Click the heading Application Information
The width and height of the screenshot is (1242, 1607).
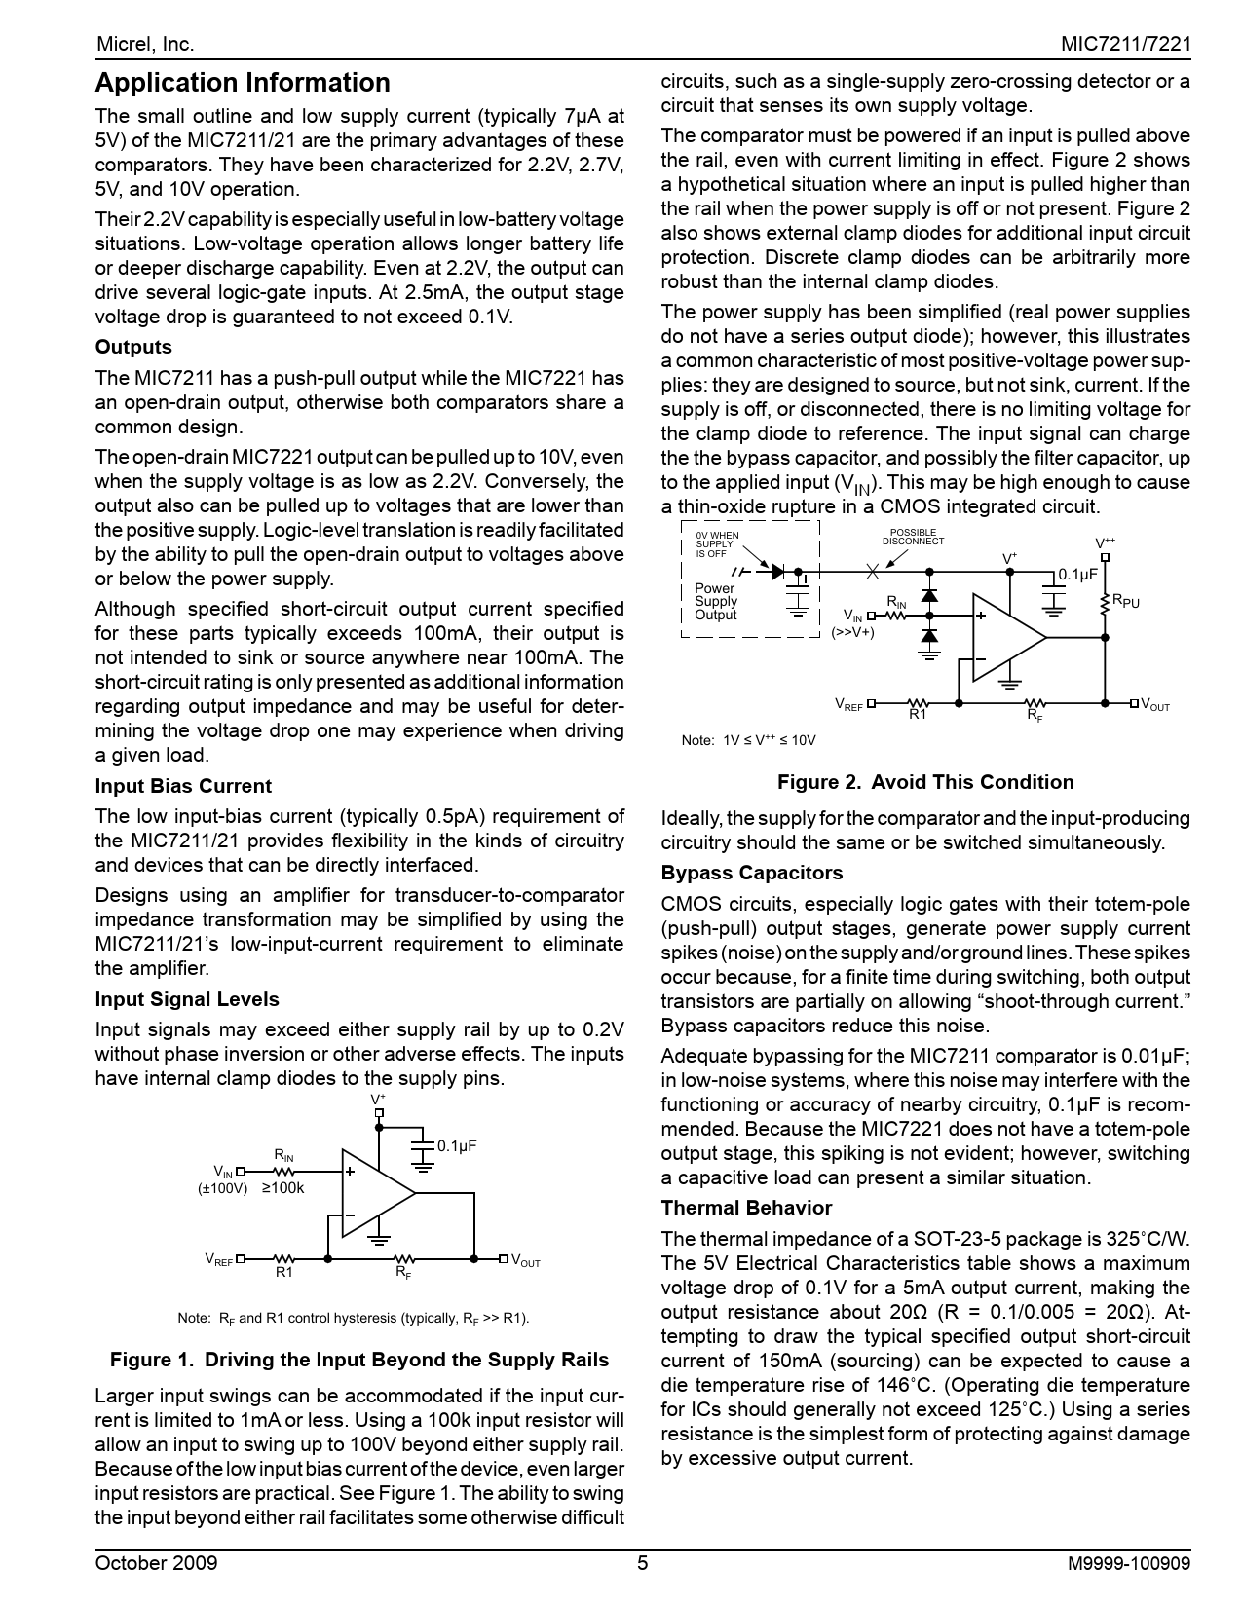click(243, 83)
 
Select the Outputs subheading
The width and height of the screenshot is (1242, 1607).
click(133, 348)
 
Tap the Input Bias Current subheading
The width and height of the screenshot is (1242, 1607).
click(183, 786)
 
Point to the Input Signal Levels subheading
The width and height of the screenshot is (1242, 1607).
click(187, 999)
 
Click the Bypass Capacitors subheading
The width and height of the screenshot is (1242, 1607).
click(752, 873)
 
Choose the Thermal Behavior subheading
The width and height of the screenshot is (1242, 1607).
click(746, 1208)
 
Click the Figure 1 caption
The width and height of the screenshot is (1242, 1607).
click(359, 1360)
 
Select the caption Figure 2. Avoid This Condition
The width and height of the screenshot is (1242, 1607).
click(925, 782)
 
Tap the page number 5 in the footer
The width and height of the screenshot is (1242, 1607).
click(642, 1564)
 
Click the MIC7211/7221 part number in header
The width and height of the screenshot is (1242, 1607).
click(1126, 45)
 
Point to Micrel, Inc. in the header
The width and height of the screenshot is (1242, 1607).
click(145, 45)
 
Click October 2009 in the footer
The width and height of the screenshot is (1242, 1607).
click(156, 1564)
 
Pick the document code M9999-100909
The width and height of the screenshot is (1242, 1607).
click(1129, 1564)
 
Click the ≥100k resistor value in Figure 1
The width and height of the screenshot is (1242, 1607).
click(283, 1188)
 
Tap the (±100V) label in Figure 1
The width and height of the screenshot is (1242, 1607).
click(223, 1188)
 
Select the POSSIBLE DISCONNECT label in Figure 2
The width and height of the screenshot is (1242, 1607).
click(913, 537)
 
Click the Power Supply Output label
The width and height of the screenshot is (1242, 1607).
click(716, 602)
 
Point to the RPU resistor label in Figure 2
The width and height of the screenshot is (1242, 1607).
click(1126, 602)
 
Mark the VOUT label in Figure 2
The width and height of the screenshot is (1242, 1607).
click(1155, 705)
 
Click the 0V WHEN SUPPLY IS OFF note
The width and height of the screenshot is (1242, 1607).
click(717, 544)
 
